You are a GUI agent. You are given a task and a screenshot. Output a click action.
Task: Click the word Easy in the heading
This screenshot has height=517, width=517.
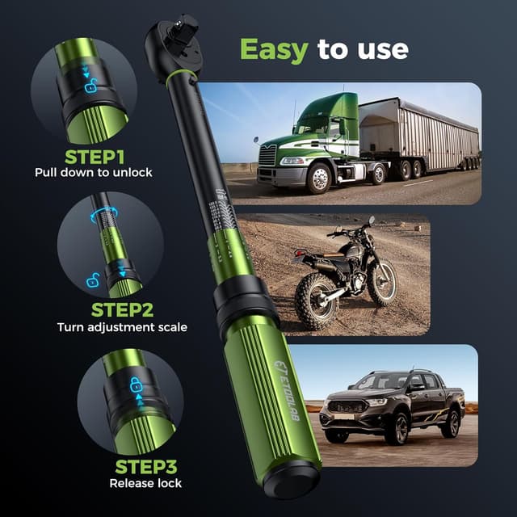coord(274,50)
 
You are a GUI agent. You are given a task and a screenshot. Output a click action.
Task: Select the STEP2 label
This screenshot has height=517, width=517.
coord(122,310)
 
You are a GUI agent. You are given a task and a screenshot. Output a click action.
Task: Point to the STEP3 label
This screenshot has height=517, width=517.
coord(145,467)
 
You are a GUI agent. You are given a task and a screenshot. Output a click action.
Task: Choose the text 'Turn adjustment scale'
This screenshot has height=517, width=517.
coord(122,327)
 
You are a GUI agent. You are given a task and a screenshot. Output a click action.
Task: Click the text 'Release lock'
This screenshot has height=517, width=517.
coord(145,483)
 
